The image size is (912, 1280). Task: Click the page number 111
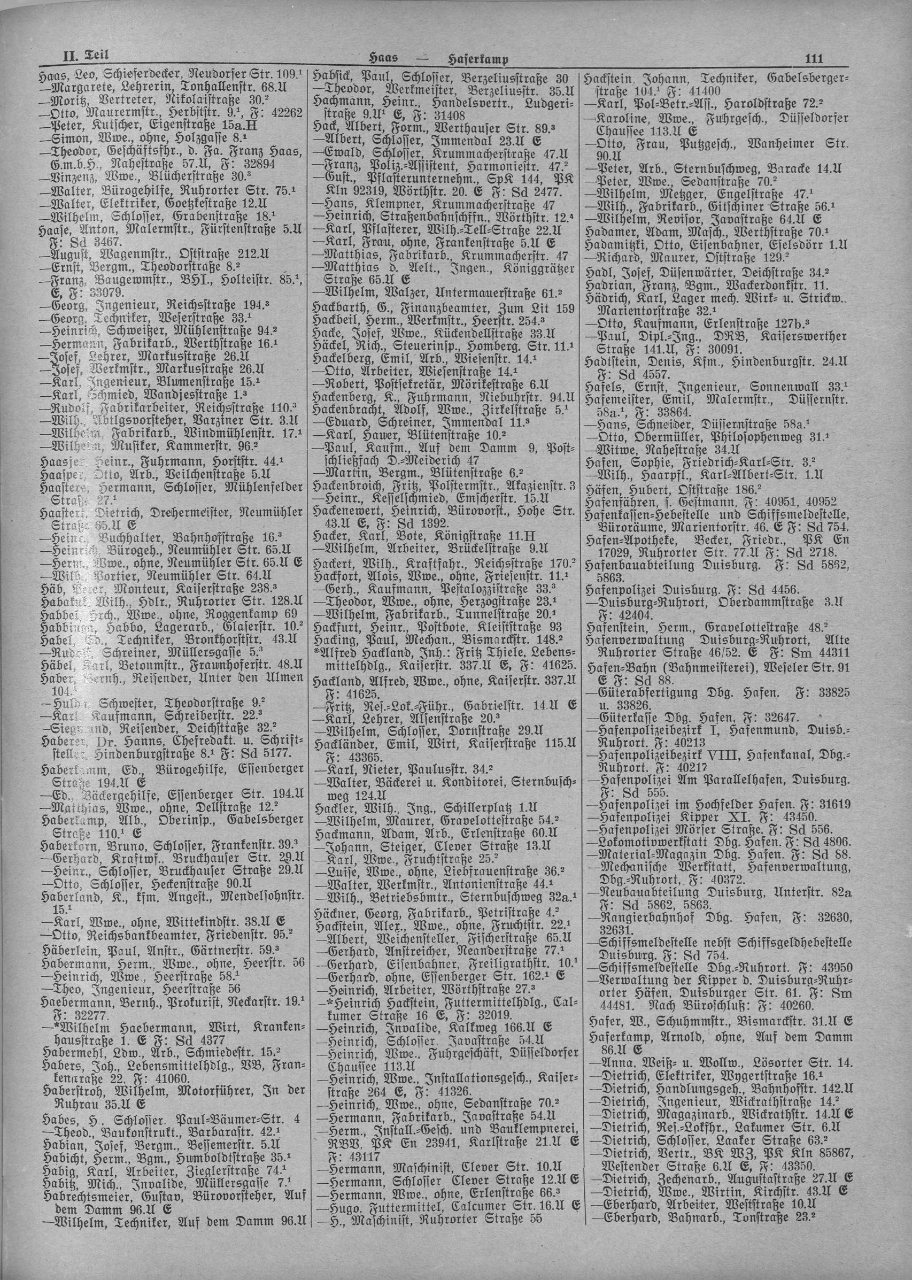click(813, 59)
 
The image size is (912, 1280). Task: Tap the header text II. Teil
click(85, 56)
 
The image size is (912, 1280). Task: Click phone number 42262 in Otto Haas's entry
click(287, 112)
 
